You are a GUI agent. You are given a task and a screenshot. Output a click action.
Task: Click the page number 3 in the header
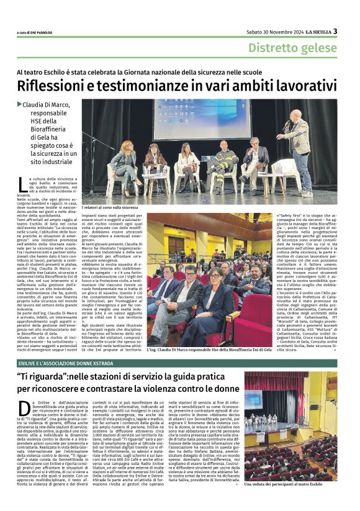click(x=335, y=31)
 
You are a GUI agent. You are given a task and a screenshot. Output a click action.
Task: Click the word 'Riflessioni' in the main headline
click(x=55, y=86)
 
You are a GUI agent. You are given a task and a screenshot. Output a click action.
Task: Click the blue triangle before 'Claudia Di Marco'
click(x=20, y=104)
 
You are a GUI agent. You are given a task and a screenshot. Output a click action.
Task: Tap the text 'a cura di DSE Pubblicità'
click(x=38, y=33)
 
